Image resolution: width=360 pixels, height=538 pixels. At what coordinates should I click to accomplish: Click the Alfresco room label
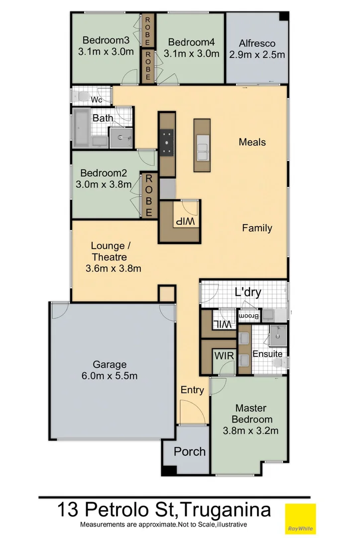[256, 42]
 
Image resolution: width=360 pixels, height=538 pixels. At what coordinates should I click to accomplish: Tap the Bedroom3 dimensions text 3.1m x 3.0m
[105, 52]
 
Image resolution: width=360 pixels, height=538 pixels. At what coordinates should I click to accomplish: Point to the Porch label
[189, 451]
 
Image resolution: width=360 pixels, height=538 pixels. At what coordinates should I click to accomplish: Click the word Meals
[252, 142]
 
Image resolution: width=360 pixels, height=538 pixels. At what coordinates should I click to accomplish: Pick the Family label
[257, 228]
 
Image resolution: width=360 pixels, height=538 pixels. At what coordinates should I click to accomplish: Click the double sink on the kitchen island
[202, 149]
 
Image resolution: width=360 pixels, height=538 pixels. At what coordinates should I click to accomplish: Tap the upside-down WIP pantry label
[181, 220]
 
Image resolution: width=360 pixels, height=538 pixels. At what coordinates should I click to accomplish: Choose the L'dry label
[248, 293]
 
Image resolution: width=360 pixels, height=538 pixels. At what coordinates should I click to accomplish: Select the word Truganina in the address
[225, 510]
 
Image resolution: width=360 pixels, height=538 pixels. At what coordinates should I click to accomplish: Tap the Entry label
[192, 390]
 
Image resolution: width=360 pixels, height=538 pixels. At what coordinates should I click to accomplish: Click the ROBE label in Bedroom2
[148, 195]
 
